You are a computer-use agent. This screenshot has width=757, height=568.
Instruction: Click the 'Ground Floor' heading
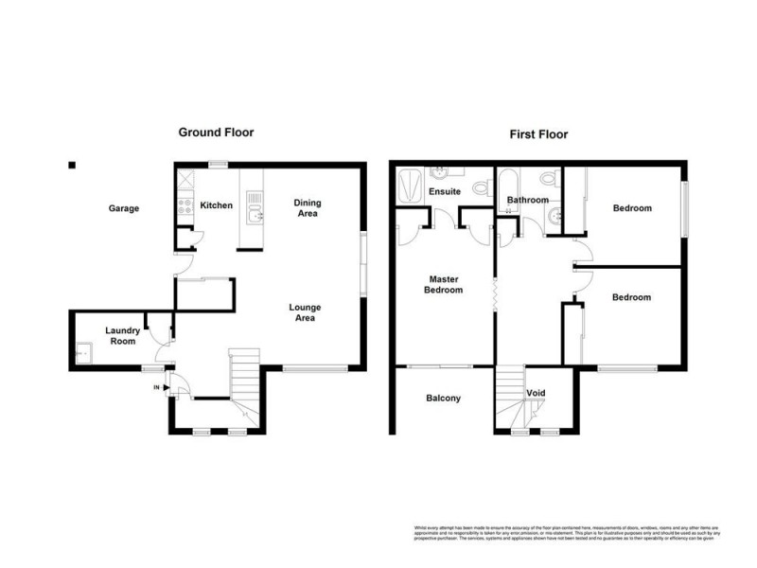click(216, 133)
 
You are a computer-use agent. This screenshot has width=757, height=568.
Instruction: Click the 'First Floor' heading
click(539, 134)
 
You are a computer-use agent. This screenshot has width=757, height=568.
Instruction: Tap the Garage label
click(124, 208)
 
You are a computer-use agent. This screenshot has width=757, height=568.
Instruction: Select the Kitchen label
click(217, 205)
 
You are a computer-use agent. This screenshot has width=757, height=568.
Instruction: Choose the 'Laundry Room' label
click(122, 335)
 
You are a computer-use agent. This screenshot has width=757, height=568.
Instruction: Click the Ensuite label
click(444, 192)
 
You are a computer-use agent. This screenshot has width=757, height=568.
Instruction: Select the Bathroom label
click(527, 201)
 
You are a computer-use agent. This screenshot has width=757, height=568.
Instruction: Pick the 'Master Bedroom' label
click(445, 285)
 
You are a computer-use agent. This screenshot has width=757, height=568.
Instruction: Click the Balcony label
click(443, 399)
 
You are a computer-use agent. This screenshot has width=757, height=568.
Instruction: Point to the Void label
click(536, 393)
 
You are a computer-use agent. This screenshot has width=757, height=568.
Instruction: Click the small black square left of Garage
click(71, 165)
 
